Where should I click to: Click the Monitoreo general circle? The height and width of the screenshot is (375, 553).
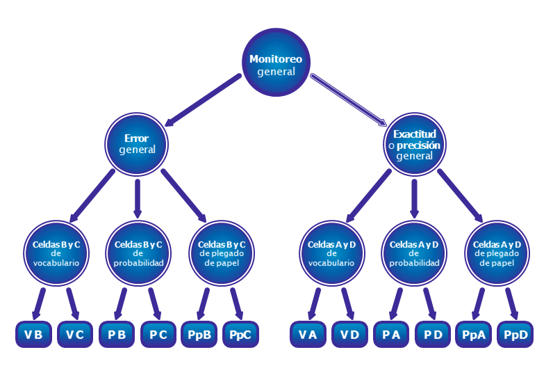click(x=276, y=64)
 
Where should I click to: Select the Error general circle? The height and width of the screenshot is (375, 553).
click(x=137, y=144)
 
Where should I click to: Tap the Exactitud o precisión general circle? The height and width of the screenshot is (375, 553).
click(x=415, y=145)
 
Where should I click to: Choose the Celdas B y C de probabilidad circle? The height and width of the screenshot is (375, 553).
click(x=138, y=253)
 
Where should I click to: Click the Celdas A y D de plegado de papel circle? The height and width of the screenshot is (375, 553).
click(x=497, y=253)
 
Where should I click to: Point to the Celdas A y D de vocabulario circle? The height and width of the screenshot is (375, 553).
click(x=331, y=253)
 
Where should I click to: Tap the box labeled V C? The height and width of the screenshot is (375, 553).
click(x=75, y=335)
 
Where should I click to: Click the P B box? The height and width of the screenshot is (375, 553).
click(x=117, y=335)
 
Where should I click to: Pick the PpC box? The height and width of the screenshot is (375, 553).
click(x=241, y=335)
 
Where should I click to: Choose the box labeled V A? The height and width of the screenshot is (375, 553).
click(x=308, y=335)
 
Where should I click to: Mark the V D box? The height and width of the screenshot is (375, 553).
click(x=349, y=335)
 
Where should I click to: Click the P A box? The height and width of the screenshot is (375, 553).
click(x=391, y=335)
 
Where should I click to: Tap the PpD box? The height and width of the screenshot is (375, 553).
click(x=515, y=335)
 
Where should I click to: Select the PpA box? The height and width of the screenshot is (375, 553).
click(x=474, y=335)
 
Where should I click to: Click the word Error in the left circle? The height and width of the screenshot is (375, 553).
click(x=136, y=138)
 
